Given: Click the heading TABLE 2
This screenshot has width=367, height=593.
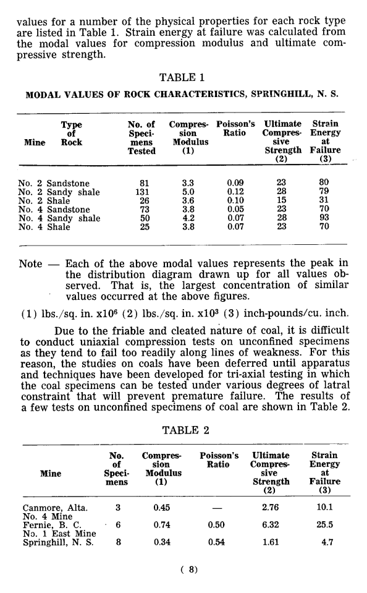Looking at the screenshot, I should (183, 430).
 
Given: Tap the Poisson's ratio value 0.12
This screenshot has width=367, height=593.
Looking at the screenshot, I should (235, 192).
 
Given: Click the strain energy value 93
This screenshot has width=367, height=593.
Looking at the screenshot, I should (322, 218).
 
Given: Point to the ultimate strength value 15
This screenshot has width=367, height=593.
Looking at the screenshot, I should (282, 200).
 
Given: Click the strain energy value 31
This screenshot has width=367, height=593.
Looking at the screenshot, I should (322, 200).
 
